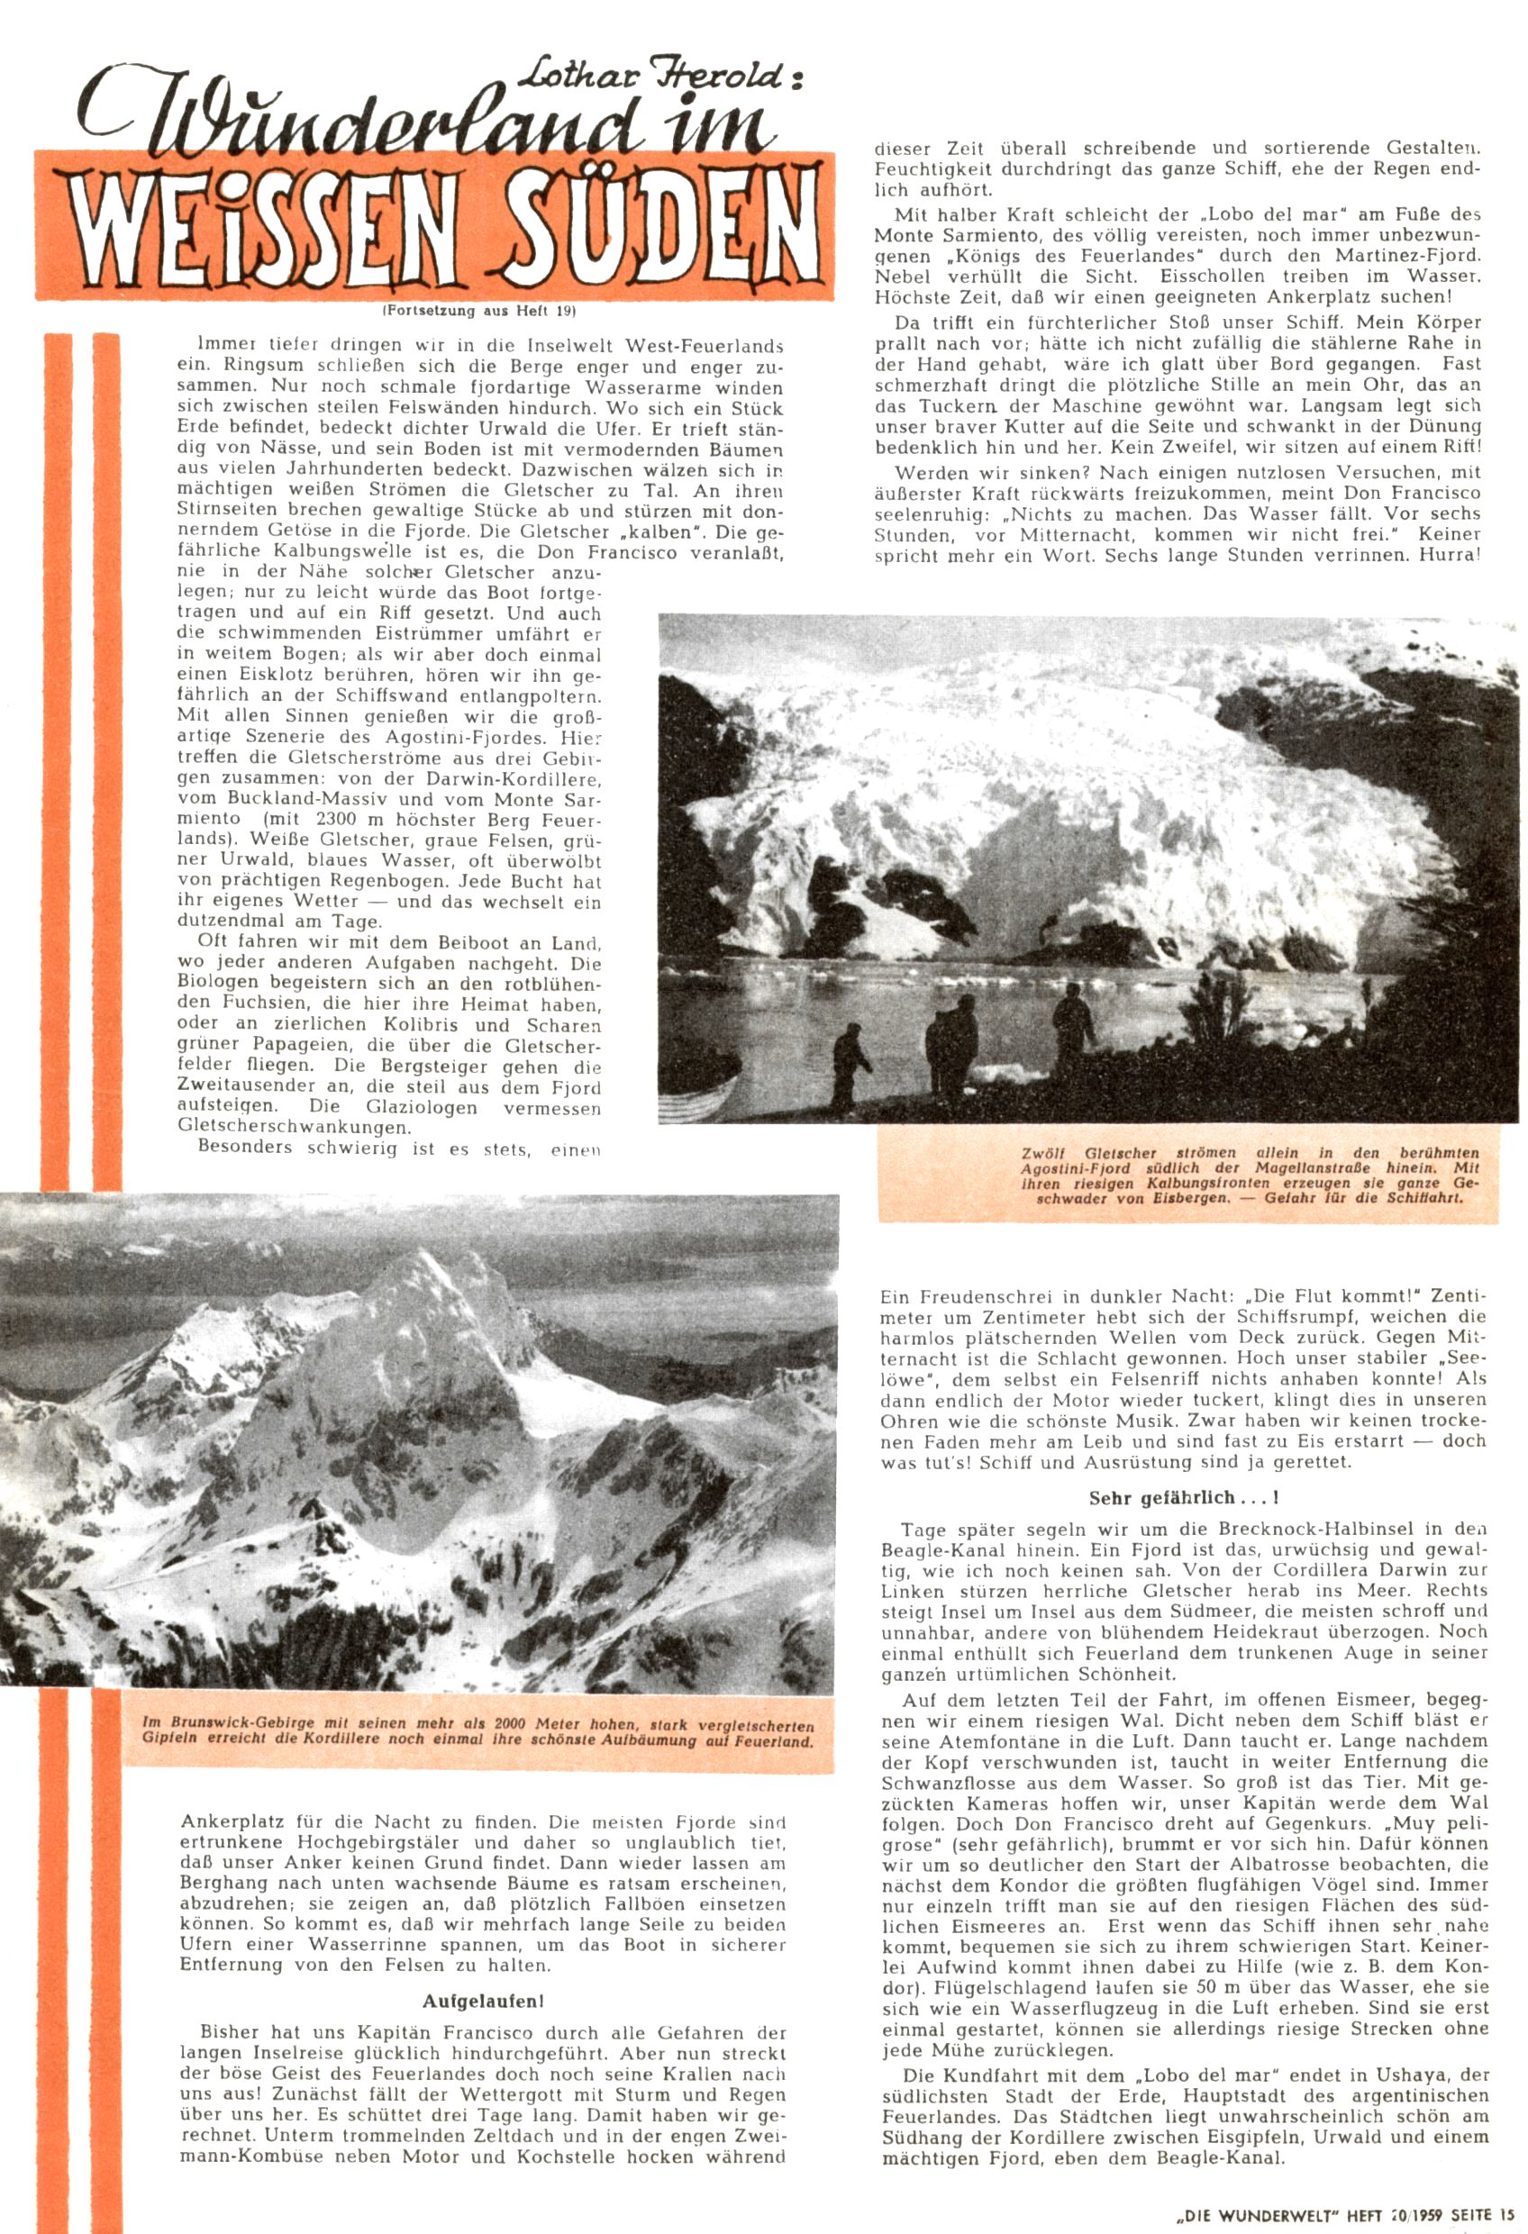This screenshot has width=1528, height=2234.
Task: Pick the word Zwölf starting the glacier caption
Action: pos(1045,1152)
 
